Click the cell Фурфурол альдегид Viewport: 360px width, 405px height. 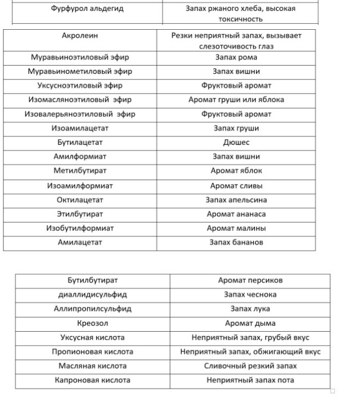point(88,9)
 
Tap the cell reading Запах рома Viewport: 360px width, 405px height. point(236,57)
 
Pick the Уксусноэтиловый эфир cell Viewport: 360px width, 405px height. point(80,85)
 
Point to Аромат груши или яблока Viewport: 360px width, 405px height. point(236,100)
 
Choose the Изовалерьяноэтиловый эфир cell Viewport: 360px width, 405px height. point(80,114)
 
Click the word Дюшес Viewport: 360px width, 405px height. point(236,143)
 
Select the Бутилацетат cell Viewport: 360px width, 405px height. point(80,143)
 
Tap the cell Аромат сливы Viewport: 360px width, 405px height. point(236,186)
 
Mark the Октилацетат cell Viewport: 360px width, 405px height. point(80,200)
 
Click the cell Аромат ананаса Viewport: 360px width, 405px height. point(236,214)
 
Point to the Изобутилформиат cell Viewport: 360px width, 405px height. point(80,228)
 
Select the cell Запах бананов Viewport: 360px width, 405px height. point(236,242)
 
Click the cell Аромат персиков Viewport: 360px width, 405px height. point(250,280)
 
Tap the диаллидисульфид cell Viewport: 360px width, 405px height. point(92,295)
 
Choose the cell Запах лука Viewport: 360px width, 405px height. point(250,309)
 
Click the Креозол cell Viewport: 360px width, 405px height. point(92,323)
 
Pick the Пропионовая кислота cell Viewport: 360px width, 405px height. point(92,352)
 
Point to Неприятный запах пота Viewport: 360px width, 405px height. point(250,380)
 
